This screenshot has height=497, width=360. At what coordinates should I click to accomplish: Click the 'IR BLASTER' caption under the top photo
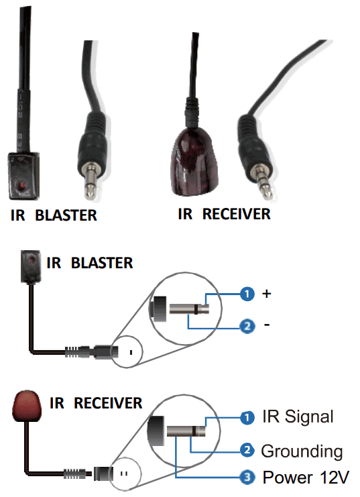point(54,216)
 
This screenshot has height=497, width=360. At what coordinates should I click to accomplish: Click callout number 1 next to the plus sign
point(247,294)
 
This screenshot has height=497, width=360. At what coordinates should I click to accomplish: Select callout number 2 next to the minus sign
point(247,327)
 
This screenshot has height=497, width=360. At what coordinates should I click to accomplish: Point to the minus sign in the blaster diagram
point(267,326)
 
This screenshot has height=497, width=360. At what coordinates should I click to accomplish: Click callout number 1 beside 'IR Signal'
point(247,417)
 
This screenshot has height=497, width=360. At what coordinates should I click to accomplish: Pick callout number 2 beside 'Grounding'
point(247,449)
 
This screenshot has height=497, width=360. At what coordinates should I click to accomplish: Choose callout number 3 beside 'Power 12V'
point(247,478)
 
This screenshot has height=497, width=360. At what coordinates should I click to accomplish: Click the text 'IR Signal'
point(297,417)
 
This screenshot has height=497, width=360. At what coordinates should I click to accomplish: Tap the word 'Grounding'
point(302,451)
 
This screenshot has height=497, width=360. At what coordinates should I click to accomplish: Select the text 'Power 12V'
point(305,478)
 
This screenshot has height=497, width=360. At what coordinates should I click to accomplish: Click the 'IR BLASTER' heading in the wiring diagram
point(89,262)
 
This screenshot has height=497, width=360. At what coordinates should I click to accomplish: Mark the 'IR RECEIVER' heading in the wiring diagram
point(96,403)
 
